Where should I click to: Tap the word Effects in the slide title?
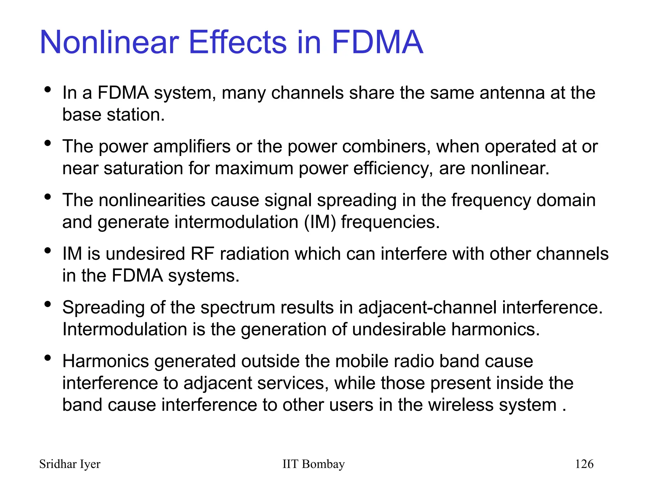(238, 42)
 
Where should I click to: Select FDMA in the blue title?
(377, 42)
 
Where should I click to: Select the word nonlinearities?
(152, 200)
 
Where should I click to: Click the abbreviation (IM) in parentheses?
(320, 222)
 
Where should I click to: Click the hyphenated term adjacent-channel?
(427, 308)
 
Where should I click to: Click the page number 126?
(584, 464)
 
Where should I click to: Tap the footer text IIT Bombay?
(313, 464)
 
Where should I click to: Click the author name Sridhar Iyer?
(70, 464)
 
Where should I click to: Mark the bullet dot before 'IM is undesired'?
(48, 251)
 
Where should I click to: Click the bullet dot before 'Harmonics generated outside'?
(48, 358)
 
